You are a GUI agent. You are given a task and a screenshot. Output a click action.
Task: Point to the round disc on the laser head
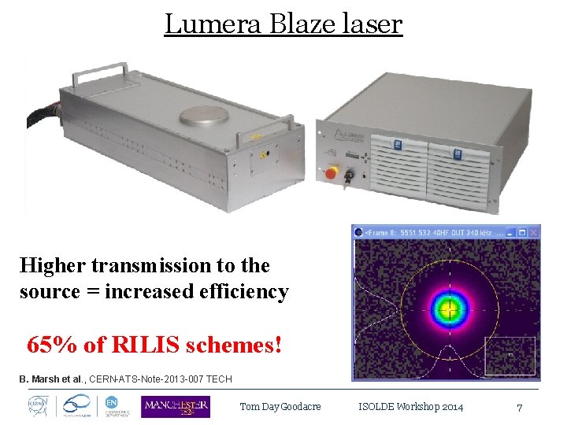[204, 116]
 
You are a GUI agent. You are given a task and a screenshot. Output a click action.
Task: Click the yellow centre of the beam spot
[450, 308]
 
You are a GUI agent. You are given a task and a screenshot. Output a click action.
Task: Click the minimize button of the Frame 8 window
[512, 232]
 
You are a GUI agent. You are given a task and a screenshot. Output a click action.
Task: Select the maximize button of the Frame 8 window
[522, 232]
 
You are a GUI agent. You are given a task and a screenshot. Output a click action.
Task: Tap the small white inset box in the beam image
[510, 356]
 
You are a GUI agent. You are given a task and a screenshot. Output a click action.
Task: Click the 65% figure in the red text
[46, 345]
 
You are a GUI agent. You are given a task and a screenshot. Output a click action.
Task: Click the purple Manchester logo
[175, 406]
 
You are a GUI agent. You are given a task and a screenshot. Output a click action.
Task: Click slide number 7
[519, 407]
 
